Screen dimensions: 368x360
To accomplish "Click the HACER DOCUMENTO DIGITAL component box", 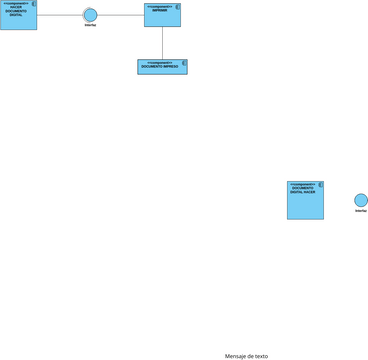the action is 18,18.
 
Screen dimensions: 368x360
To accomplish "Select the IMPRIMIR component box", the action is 162,17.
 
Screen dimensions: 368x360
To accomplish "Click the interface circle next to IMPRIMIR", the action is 90,15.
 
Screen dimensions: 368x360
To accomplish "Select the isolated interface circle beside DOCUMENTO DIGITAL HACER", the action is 361,200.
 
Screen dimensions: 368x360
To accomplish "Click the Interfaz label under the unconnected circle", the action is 361,212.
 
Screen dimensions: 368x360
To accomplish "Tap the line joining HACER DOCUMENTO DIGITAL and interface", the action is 59,15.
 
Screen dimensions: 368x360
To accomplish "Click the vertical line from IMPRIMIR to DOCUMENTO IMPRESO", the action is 162,43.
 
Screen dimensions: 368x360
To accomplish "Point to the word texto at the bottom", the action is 260,356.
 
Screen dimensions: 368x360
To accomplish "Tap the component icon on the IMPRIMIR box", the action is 177,6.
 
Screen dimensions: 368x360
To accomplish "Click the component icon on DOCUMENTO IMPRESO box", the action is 183,63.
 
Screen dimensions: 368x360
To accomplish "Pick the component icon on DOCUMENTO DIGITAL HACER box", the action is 319,185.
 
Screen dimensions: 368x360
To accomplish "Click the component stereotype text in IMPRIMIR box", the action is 159,5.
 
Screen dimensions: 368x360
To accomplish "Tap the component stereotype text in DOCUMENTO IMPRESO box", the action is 160,62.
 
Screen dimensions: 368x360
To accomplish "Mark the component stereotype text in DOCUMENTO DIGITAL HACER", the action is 301,184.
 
